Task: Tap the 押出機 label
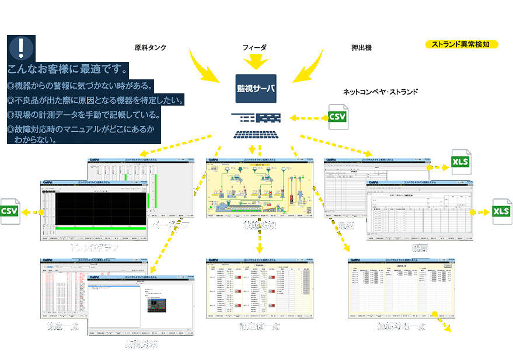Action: click(x=360, y=47)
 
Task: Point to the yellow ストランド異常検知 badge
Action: click(x=460, y=44)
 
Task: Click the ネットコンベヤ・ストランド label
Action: click(x=380, y=92)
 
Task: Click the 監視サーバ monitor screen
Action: click(x=256, y=89)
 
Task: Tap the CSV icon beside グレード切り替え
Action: click(x=337, y=117)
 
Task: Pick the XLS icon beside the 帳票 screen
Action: click(x=501, y=211)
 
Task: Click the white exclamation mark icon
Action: click(x=22, y=47)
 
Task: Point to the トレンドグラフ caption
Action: click(x=94, y=247)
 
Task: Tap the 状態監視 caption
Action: click(x=260, y=225)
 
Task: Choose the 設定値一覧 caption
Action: click(x=260, y=327)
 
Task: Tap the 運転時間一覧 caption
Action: click(x=402, y=327)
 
